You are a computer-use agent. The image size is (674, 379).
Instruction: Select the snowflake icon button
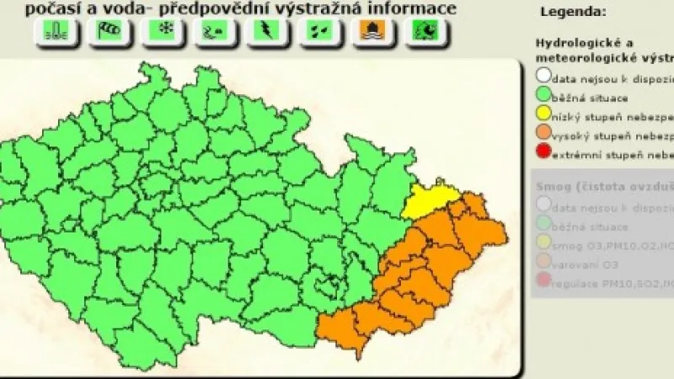(159, 33)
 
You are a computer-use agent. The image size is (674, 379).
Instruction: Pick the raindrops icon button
(318, 33)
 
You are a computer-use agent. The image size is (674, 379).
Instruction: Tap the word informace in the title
(400, 9)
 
